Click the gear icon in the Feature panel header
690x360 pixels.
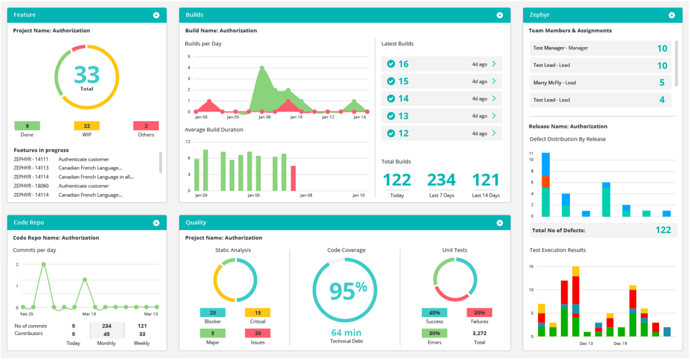coord(156,15)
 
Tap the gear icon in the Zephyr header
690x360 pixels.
coord(671,15)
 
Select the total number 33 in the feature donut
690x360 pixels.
coord(87,75)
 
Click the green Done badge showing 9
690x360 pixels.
coord(27,126)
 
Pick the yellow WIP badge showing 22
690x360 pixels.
coord(87,126)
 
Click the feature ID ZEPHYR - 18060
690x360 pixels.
coord(31,186)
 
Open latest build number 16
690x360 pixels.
coord(403,64)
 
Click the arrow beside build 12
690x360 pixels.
coord(494,133)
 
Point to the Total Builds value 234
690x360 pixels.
coord(441,180)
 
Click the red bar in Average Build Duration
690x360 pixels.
coord(293,178)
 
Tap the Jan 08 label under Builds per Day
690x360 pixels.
coord(265,117)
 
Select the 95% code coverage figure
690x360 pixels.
coord(348,290)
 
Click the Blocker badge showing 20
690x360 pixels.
coord(212,313)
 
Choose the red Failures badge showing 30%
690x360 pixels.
coord(479,313)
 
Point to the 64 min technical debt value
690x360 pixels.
coord(346,332)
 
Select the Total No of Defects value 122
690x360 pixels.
coord(663,230)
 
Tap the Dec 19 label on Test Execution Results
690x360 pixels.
coord(620,343)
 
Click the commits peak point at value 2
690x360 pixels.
coord(44,264)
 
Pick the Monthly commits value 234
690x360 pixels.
coord(106,325)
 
